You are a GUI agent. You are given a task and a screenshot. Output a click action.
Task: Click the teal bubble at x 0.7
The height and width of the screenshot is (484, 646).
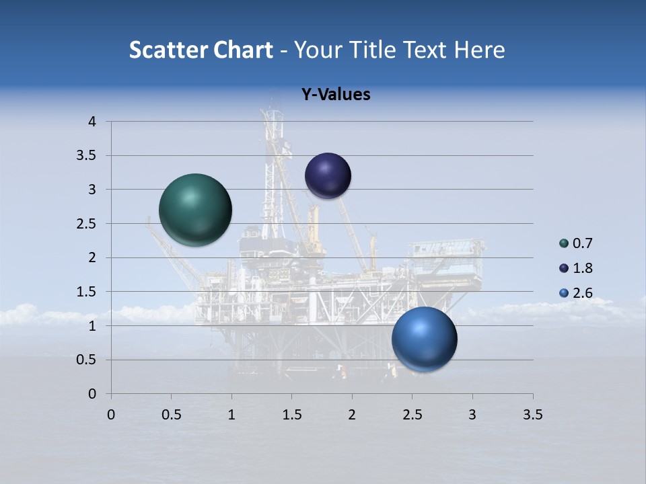coord(196,209)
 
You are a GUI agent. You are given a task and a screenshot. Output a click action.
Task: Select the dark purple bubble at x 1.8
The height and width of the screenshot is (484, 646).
coord(328,175)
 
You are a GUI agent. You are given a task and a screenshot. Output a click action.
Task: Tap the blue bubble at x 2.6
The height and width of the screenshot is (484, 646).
coord(425,339)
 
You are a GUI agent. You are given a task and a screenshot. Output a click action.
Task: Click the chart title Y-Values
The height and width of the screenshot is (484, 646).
coord(336,95)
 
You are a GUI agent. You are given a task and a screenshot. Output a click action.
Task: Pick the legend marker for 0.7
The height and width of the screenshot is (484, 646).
coord(564,243)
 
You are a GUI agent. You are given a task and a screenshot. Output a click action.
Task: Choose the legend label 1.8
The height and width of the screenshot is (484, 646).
coord(582,268)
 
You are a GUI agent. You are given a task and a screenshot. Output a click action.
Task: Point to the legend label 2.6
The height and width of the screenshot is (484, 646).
coord(582,293)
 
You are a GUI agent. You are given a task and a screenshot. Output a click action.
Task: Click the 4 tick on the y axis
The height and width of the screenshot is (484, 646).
coord(92,122)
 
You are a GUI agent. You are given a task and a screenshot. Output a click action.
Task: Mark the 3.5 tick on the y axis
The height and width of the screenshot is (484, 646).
coord(87,156)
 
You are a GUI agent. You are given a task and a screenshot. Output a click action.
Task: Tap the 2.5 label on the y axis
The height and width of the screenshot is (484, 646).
coord(87,224)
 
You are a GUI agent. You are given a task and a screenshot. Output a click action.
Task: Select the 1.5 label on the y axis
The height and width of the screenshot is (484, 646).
coord(87,292)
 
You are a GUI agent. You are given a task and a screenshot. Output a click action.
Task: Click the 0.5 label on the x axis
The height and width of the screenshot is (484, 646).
coord(172,415)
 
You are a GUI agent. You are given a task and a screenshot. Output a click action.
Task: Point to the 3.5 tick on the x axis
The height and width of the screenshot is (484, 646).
coord(532,415)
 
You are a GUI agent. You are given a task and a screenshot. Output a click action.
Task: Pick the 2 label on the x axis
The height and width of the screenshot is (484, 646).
coord(352,415)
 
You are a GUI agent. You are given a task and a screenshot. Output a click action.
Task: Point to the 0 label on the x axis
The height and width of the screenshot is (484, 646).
coord(111,415)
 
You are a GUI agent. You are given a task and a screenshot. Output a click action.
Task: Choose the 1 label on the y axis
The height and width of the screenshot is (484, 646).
coord(92,326)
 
